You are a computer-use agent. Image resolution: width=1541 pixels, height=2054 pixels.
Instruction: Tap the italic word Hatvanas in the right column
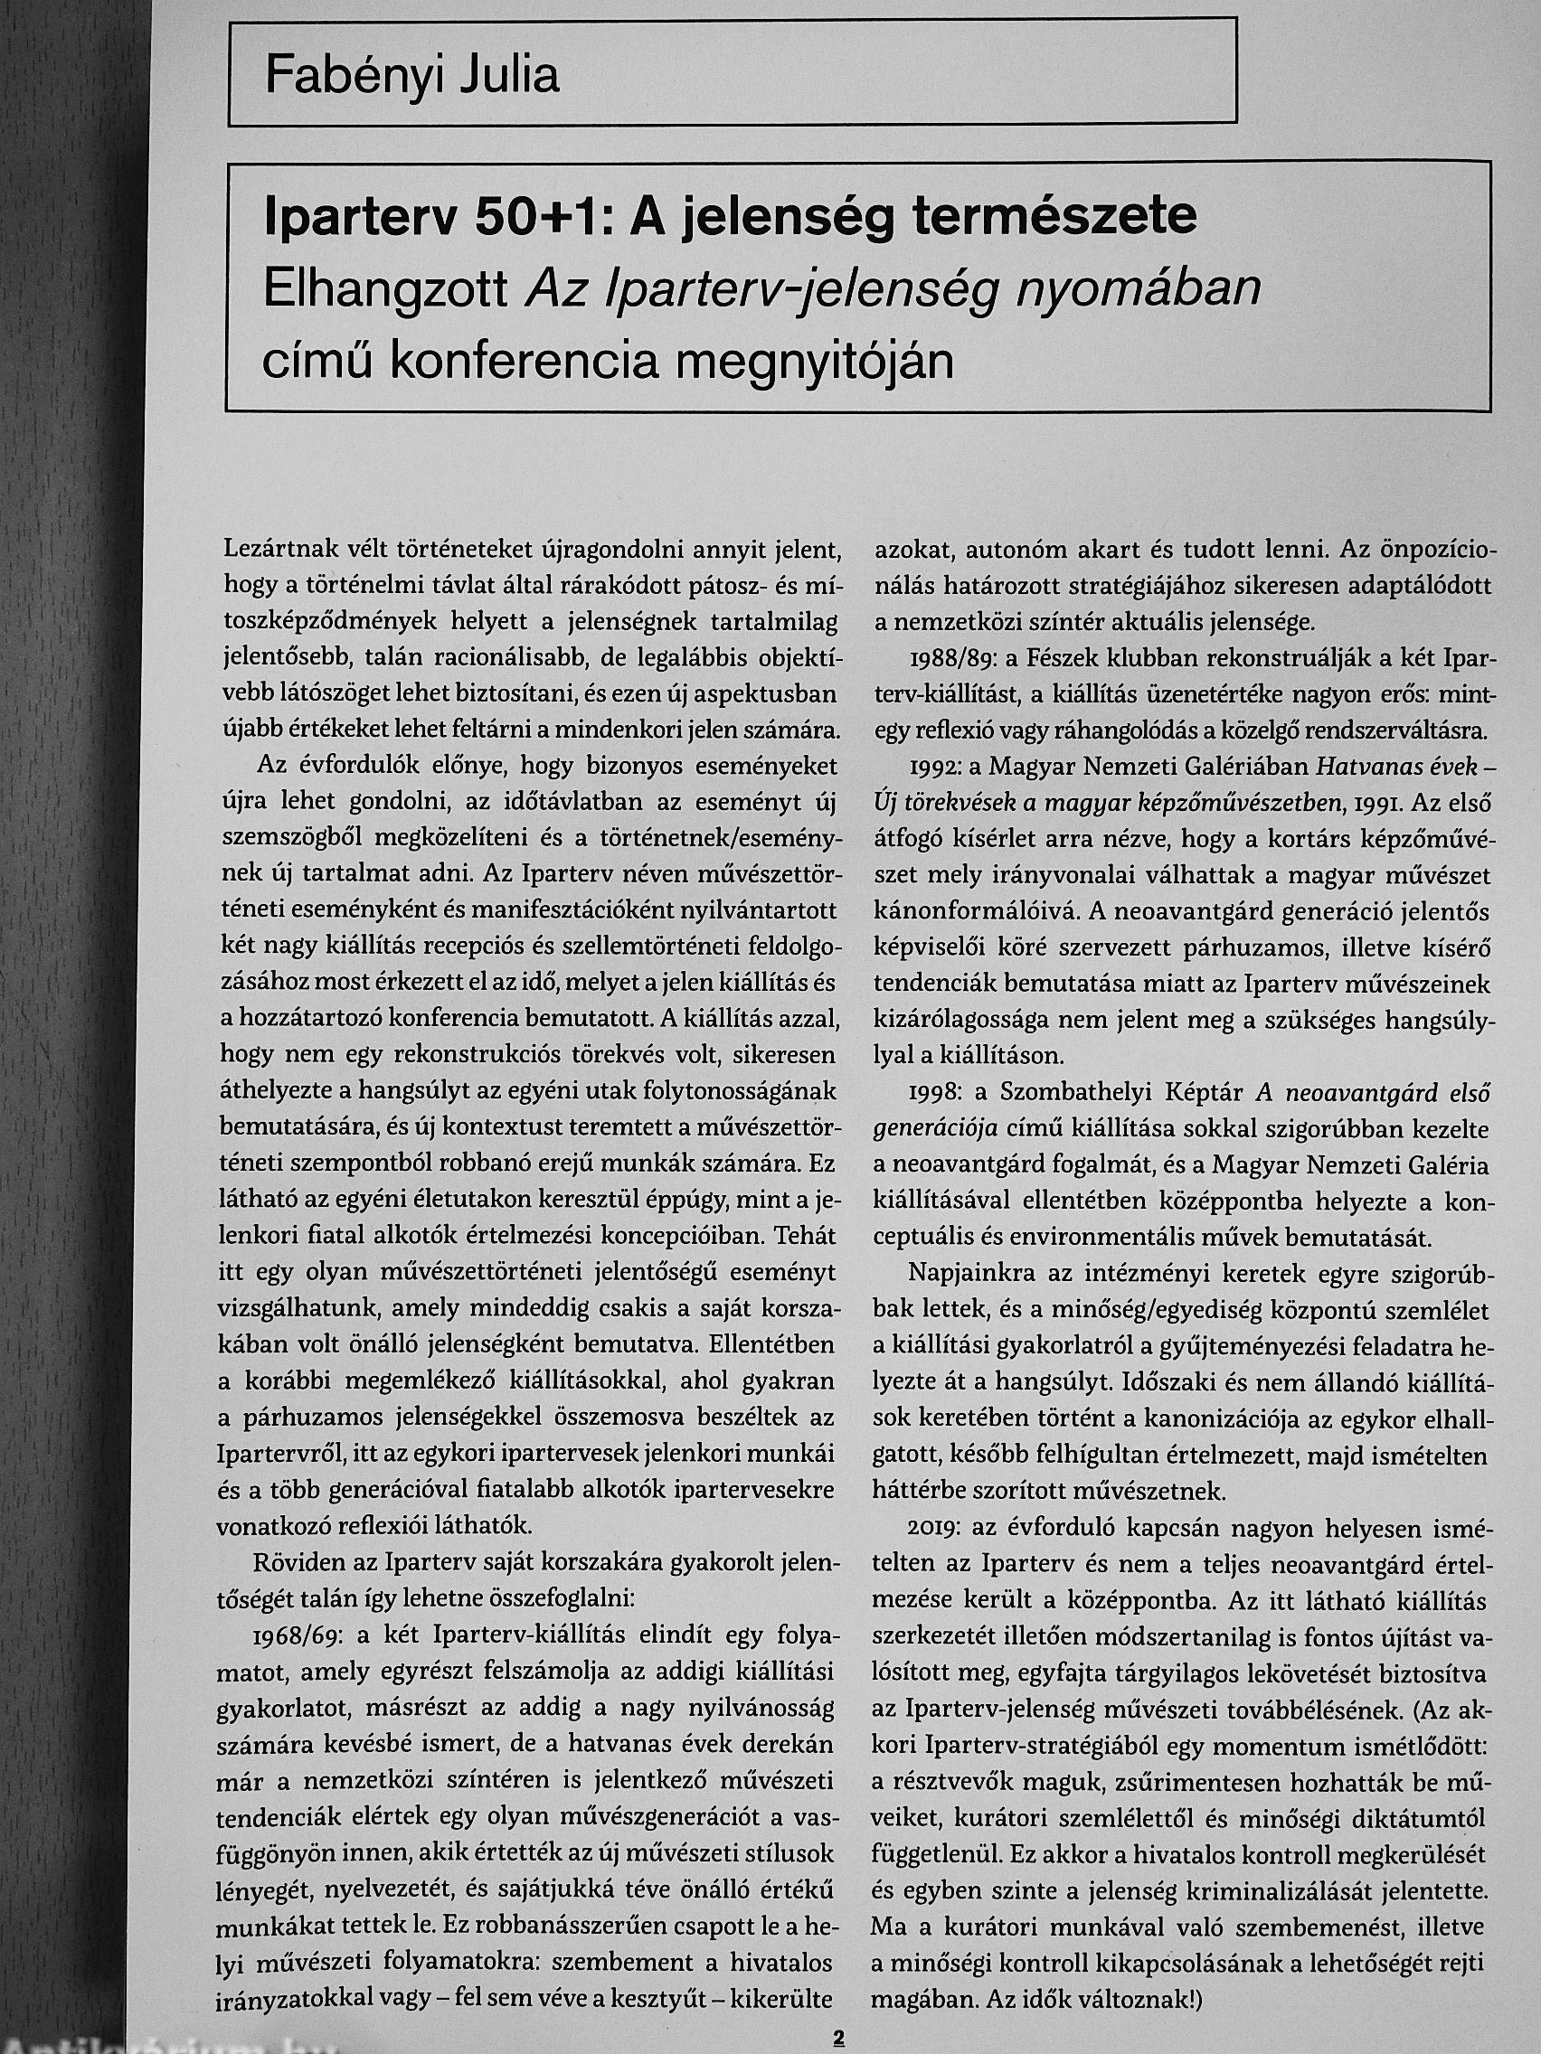coord(1374,767)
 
